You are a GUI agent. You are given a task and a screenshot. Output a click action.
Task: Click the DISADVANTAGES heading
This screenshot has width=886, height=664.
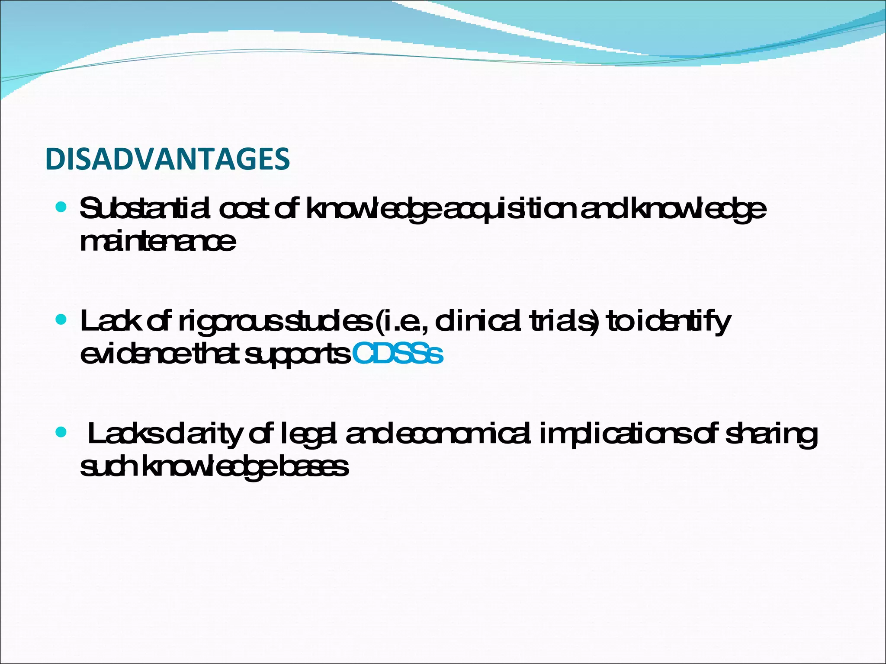(167, 159)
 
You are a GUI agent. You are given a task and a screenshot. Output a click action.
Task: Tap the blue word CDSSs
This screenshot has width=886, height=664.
(398, 354)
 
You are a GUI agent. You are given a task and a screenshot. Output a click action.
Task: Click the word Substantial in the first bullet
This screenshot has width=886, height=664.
(145, 209)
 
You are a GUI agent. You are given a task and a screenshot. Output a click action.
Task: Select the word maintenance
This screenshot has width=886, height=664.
(158, 242)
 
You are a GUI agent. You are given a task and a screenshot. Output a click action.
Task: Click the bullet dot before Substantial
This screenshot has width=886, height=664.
(61, 207)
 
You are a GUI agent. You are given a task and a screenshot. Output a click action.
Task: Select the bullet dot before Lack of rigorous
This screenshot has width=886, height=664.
(61, 320)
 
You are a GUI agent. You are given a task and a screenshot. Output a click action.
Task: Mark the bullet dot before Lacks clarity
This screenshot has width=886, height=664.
(61, 432)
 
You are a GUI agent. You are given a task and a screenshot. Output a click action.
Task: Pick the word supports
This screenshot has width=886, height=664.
(298, 355)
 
